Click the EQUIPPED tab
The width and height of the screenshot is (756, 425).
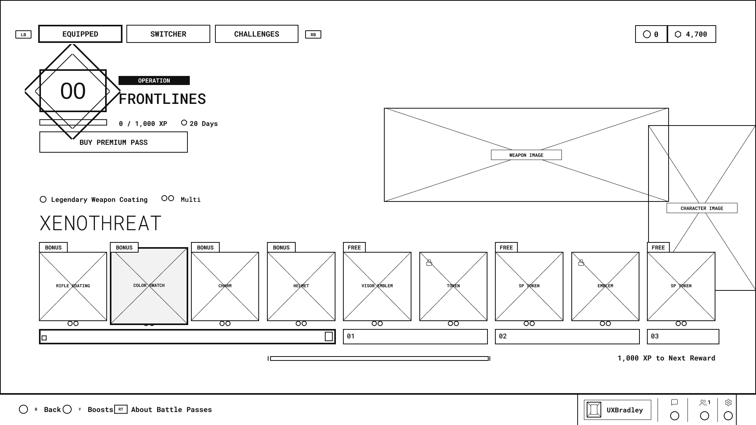click(x=80, y=34)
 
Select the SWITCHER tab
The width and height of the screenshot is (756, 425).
click(x=168, y=34)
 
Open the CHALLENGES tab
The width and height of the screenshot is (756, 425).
click(x=257, y=34)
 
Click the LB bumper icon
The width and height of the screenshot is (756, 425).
click(x=23, y=35)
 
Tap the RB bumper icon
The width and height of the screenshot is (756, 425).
click(x=313, y=35)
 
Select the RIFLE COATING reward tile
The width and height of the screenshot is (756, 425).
click(x=73, y=286)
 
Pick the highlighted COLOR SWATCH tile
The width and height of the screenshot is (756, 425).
click(x=149, y=286)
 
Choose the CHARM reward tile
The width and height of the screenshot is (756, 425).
click(x=225, y=286)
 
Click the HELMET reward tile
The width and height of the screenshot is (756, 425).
click(x=301, y=286)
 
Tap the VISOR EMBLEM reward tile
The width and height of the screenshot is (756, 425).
click(x=377, y=286)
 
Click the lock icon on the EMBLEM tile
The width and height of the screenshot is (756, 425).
click(x=581, y=262)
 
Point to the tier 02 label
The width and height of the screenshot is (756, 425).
click(x=503, y=336)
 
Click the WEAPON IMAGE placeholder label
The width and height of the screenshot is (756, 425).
click(x=526, y=155)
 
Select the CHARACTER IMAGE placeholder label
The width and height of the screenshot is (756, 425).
click(x=702, y=208)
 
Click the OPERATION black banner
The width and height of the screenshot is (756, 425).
click(x=154, y=80)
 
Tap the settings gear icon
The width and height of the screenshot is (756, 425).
click(x=728, y=403)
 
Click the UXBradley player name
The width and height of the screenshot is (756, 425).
click(x=624, y=410)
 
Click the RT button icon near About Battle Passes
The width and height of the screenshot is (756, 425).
click(x=121, y=409)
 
